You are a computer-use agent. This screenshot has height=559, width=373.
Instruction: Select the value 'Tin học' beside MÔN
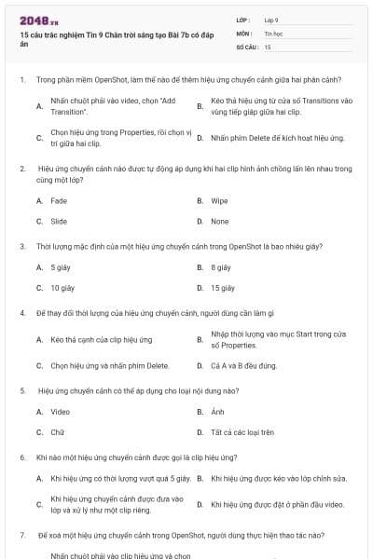coord(272,32)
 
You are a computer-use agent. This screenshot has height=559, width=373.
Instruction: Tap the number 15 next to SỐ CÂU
coord(268,46)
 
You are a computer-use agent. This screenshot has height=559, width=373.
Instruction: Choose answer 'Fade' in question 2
coord(59,200)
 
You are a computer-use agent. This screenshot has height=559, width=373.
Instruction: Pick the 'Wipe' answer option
coord(219,200)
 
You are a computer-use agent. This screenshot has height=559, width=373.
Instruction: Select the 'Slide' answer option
coord(59,222)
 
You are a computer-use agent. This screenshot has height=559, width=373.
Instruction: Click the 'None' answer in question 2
coord(219,222)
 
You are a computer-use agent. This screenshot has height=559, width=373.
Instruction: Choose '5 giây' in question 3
coord(61,267)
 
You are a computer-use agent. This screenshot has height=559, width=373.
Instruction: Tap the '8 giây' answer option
coord(221,267)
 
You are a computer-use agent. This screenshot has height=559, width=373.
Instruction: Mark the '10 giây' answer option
coord(62,288)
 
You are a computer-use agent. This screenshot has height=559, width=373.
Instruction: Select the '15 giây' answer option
coord(223,288)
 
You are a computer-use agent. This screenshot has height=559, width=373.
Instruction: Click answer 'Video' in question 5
coord(60,411)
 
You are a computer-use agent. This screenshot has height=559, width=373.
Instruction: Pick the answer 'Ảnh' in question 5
coord(218,411)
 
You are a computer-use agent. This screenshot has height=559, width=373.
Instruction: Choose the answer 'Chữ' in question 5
coord(58,432)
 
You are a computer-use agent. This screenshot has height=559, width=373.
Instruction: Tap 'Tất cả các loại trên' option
coord(242,432)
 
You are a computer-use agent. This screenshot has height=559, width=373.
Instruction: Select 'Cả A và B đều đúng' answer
coord(243,365)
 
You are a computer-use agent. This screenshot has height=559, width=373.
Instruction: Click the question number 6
coord(21,457)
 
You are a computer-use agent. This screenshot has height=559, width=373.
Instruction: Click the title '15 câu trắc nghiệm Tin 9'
coord(89,34)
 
